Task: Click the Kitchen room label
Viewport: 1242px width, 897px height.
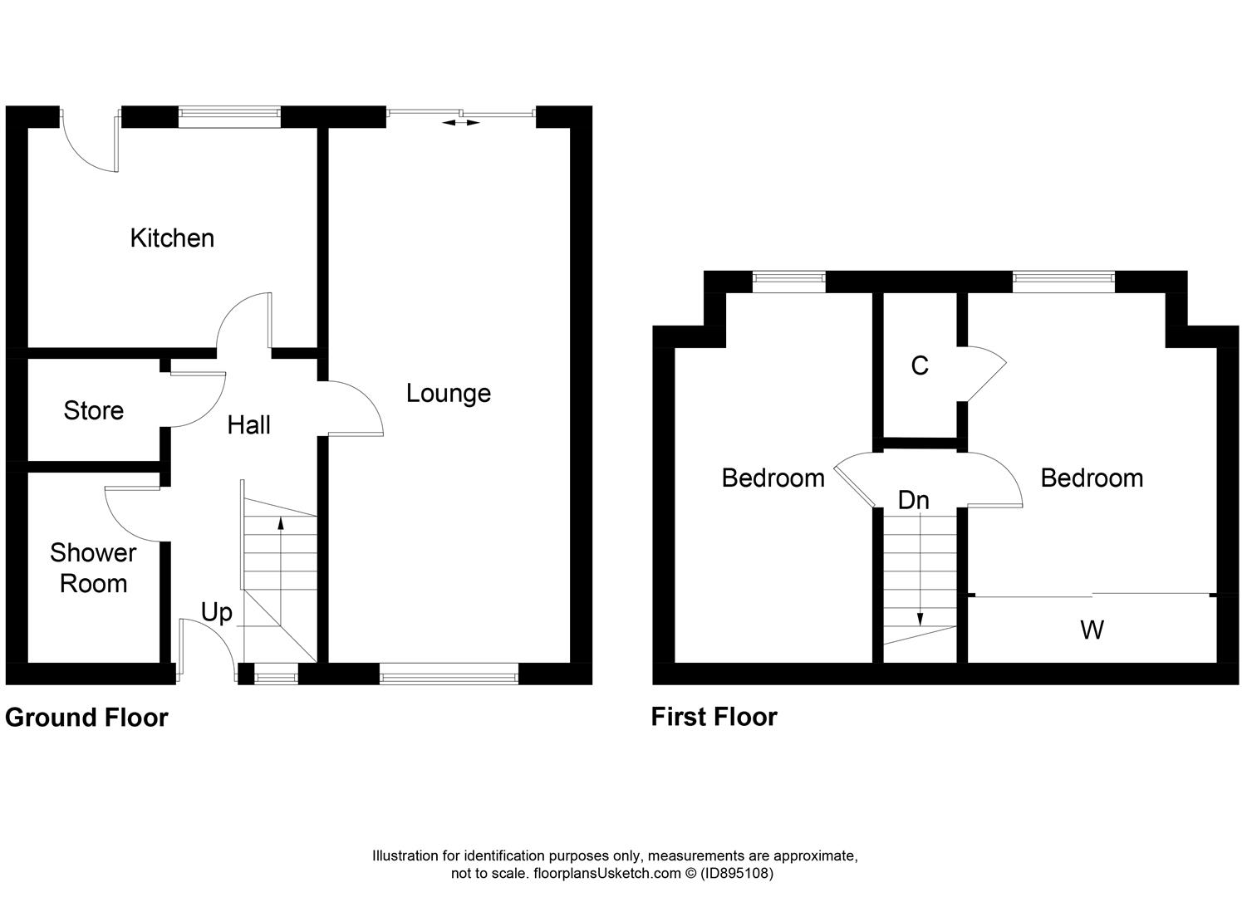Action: [x=172, y=238]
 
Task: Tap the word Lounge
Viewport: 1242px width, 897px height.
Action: [x=449, y=394]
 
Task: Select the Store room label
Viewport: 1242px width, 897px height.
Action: [x=94, y=411]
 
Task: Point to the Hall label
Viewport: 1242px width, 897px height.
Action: [x=249, y=425]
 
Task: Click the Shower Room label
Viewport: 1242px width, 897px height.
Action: [x=93, y=568]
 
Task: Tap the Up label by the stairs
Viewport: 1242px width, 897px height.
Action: [x=216, y=614]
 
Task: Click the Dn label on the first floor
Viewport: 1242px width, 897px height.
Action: [x=914, y=501]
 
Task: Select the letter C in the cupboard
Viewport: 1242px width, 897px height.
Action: [x=920, y=366]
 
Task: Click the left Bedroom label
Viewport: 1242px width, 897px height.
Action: [x=773, y=478]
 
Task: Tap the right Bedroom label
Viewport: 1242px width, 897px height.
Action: [x=1092, y=478]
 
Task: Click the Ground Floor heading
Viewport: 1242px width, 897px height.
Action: [x=86, y=718]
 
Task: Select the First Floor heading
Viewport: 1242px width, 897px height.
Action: [x=714, y=717]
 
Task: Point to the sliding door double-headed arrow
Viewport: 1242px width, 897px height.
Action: [x=461, y=123]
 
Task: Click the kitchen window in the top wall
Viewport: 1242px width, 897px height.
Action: [x=229, y=113]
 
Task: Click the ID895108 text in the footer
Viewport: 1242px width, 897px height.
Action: [x=737, y=874]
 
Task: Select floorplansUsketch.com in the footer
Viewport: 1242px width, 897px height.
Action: [x=607, y=874]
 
